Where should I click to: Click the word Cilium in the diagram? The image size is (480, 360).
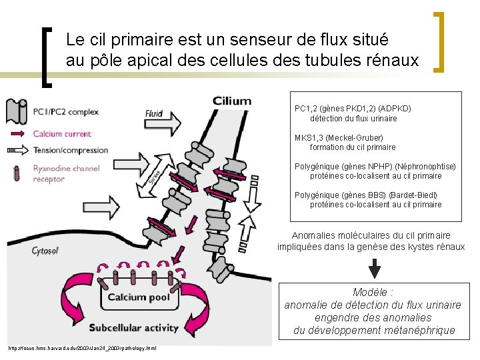coord(232,101)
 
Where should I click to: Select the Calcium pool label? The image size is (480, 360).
coord(139,297)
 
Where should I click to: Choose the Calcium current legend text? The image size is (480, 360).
coord(62,134)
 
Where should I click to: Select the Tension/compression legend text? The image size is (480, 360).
coord(71,150)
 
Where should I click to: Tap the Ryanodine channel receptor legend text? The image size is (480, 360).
coord(66,173)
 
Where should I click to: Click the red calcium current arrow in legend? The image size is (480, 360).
coord(17,134)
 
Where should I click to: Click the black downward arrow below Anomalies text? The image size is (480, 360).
coord(375,267)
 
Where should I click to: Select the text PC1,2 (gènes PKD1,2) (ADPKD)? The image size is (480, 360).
coord(353,109)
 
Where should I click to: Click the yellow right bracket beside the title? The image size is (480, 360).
coord(439,41)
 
